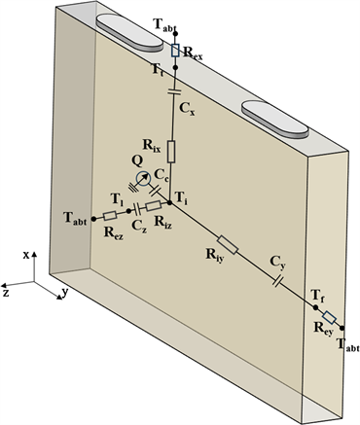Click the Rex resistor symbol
[175, 51]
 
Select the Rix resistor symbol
[171, 152]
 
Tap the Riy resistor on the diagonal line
[228, 245]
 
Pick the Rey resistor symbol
[329, 318]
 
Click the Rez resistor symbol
[110, 216]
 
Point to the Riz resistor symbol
[153, 206]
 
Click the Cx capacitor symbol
[175, 92]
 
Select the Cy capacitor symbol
[278, 281]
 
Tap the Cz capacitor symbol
[137, 209]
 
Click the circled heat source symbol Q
[143, 178]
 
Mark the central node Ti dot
[169, 203]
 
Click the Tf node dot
[315, 307]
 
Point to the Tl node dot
[128, 211]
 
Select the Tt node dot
[175, 67]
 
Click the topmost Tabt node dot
[175, 33]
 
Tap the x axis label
[26, 256]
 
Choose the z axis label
[6, 294]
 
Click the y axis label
[65, 292]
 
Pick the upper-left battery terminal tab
[129, 33]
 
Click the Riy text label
[214, 256]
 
